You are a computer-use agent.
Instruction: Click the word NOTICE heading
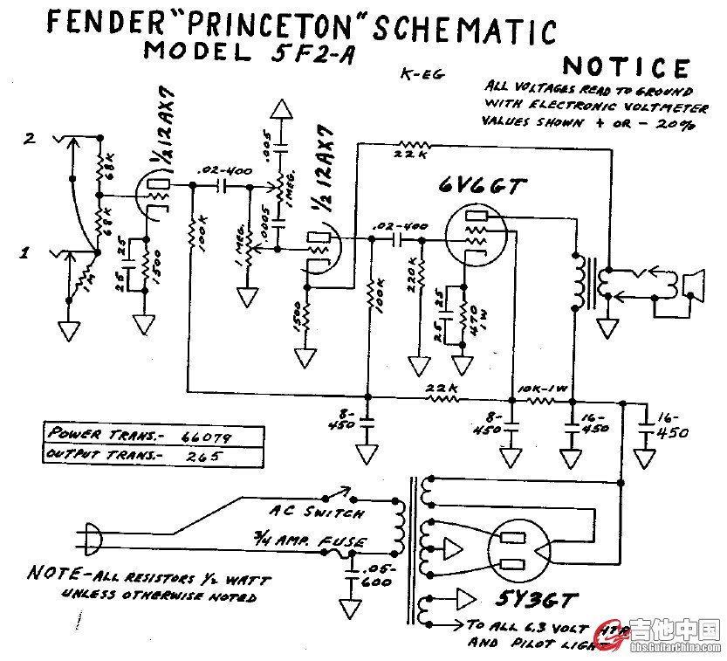[x=627, y=67]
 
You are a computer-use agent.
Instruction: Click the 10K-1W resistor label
[x=540, y=385]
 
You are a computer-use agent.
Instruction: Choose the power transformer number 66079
[x=206, y=435]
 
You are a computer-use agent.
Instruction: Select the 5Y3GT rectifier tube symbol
[x=516, y=549]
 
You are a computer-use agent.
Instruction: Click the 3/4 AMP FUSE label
[x=307, y=541]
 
